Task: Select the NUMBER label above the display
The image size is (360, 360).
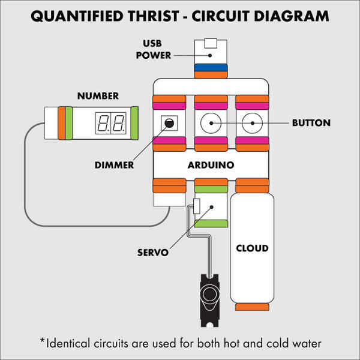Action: point(98,96)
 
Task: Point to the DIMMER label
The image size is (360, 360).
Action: point(115,164)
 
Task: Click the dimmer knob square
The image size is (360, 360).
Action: point(169,124)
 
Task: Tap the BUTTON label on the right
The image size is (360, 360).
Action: point(311,123)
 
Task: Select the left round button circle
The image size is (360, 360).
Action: point(211,124)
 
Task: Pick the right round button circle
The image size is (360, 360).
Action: point(253,124)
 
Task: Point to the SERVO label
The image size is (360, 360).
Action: point(153,252)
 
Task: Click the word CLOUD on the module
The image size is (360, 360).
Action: point(252,248)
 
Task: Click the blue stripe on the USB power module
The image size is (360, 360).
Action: point(210,67)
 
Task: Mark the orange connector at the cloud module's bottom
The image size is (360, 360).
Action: point(252,307)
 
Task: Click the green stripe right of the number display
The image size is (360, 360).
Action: point(134,124)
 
